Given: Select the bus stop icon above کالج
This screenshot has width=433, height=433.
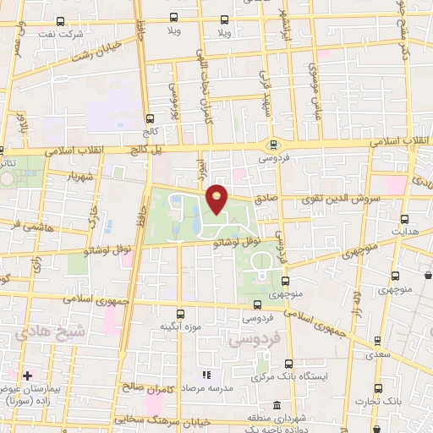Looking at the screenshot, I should pyautogui.click(x=150, y=118).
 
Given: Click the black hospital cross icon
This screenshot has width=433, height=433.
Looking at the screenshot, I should pyautogui.click(x=28, y=375).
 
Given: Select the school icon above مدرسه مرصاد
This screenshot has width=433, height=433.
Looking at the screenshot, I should pyautogui.click(x=203, y=374).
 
